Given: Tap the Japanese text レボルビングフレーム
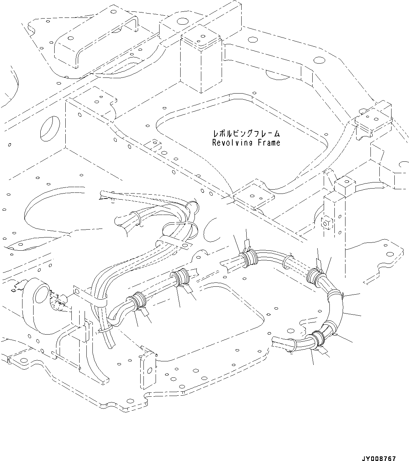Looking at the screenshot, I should click(246, 134).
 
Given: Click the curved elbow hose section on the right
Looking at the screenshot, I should click(335, 307).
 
